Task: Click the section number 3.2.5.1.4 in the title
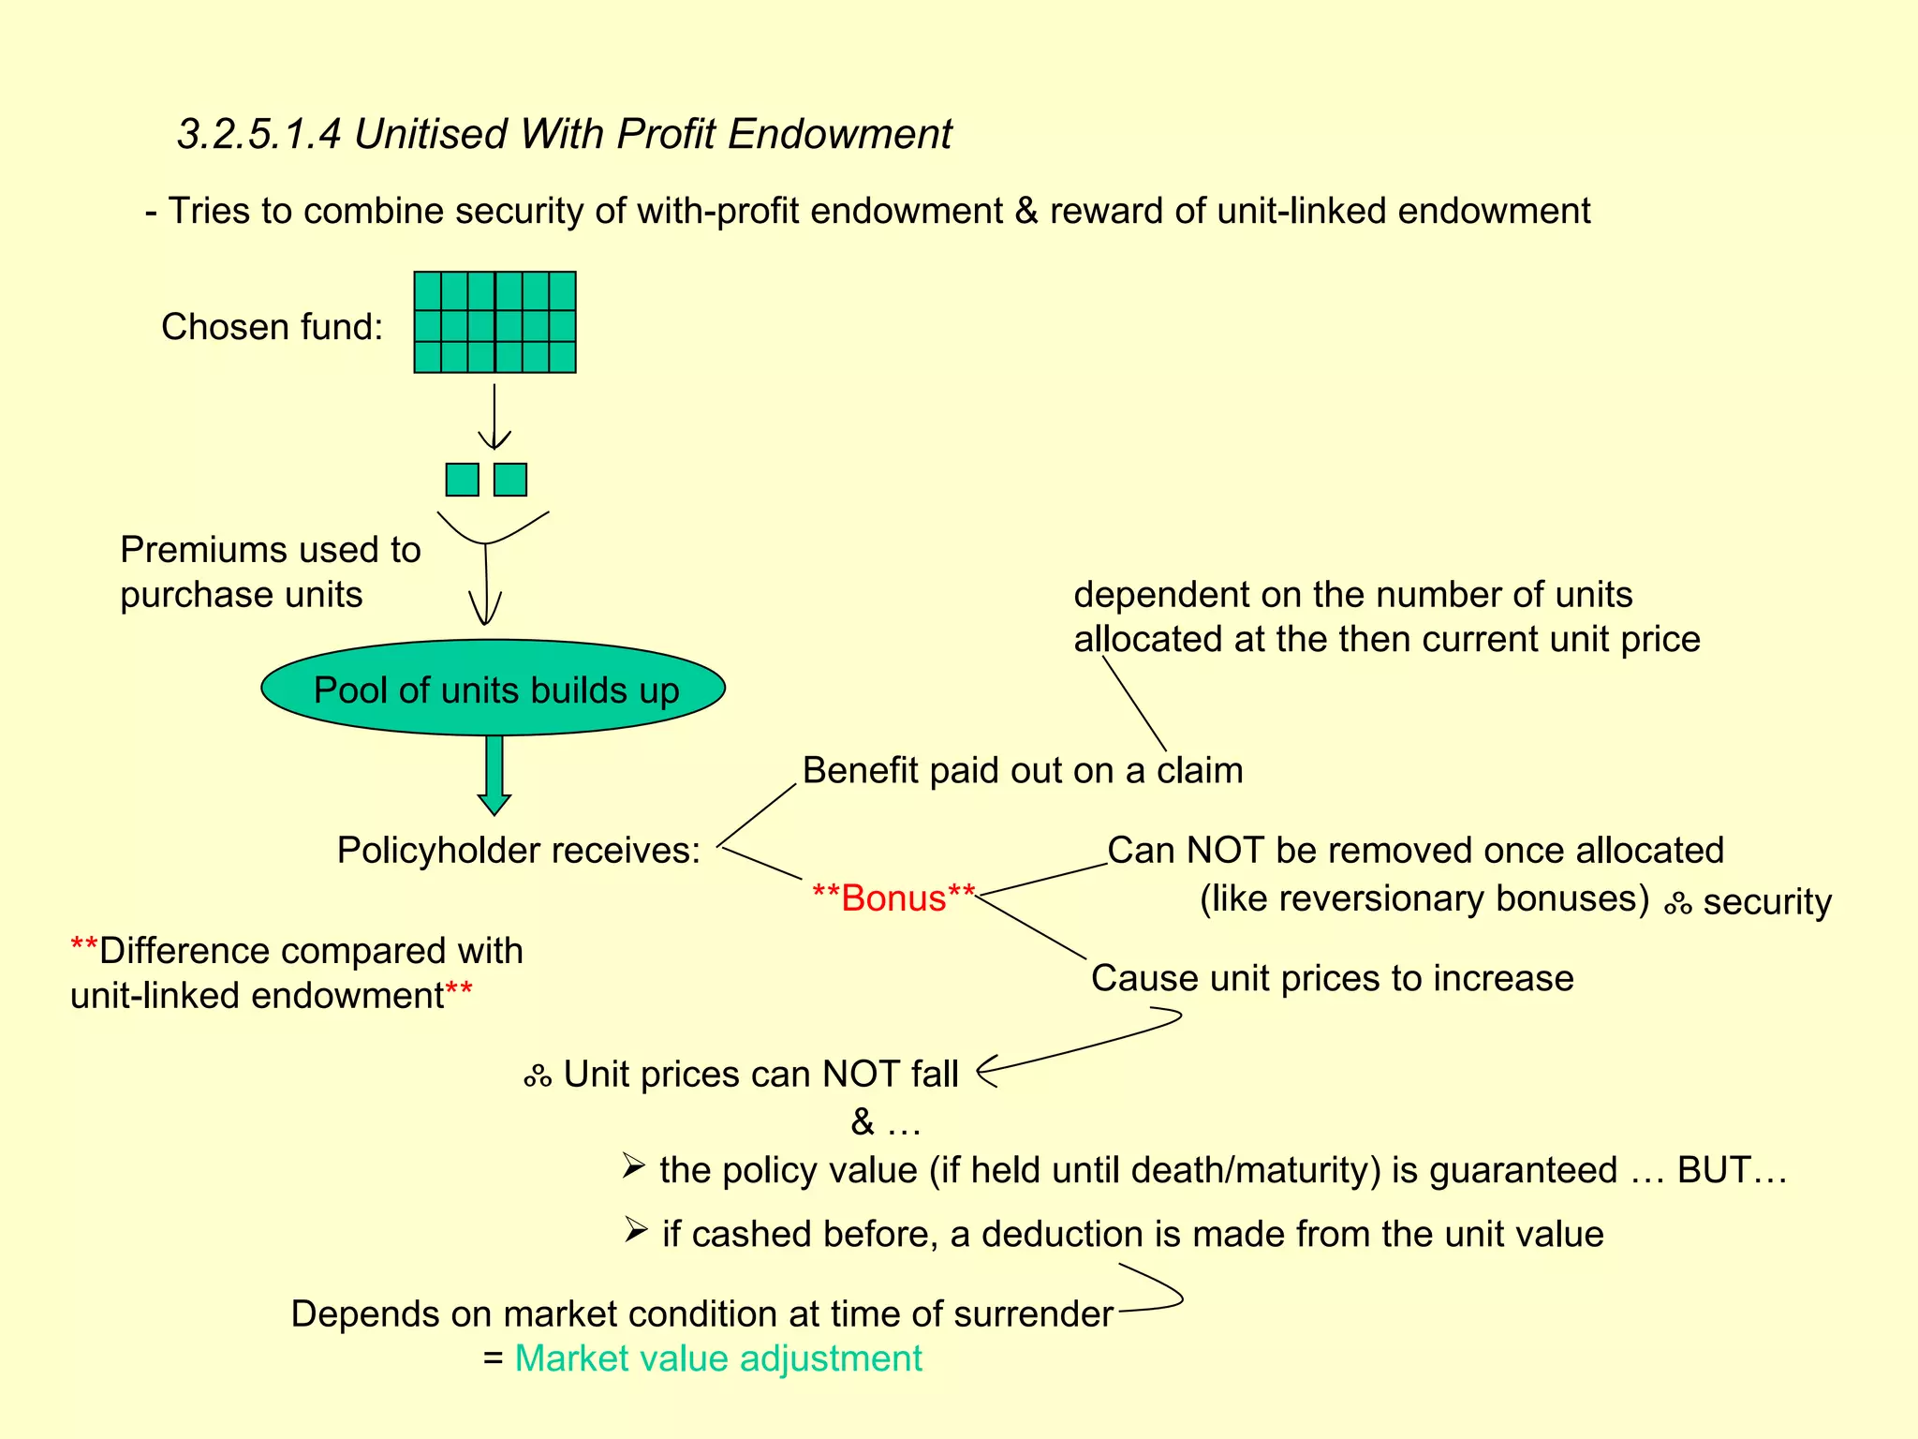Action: pos(259,134)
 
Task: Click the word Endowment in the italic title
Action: pos(839,134)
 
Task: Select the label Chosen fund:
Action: pos(272,327)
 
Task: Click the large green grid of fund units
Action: pos(494,322)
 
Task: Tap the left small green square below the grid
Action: pos(462,480)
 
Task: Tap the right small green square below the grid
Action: pos(510,480)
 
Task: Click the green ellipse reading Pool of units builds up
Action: pos(494,689)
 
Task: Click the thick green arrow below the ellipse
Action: pos(494,774)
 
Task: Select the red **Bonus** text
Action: pos(893,898)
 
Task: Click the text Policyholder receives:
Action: pos(518,851)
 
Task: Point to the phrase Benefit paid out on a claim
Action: pos(1022,771)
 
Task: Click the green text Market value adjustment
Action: pos(718,1358)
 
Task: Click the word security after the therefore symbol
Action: pos(1766,902)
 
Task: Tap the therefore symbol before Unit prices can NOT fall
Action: pos(538,1076)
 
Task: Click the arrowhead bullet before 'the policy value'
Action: pos(634,1166)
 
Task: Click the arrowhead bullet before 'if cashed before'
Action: pos(636,1230)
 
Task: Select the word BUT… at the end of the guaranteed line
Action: pos(1732,1170)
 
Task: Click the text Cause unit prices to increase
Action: pos(1332,978)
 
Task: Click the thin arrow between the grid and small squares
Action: pos(494,417)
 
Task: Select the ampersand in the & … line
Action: pos(862,1121)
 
